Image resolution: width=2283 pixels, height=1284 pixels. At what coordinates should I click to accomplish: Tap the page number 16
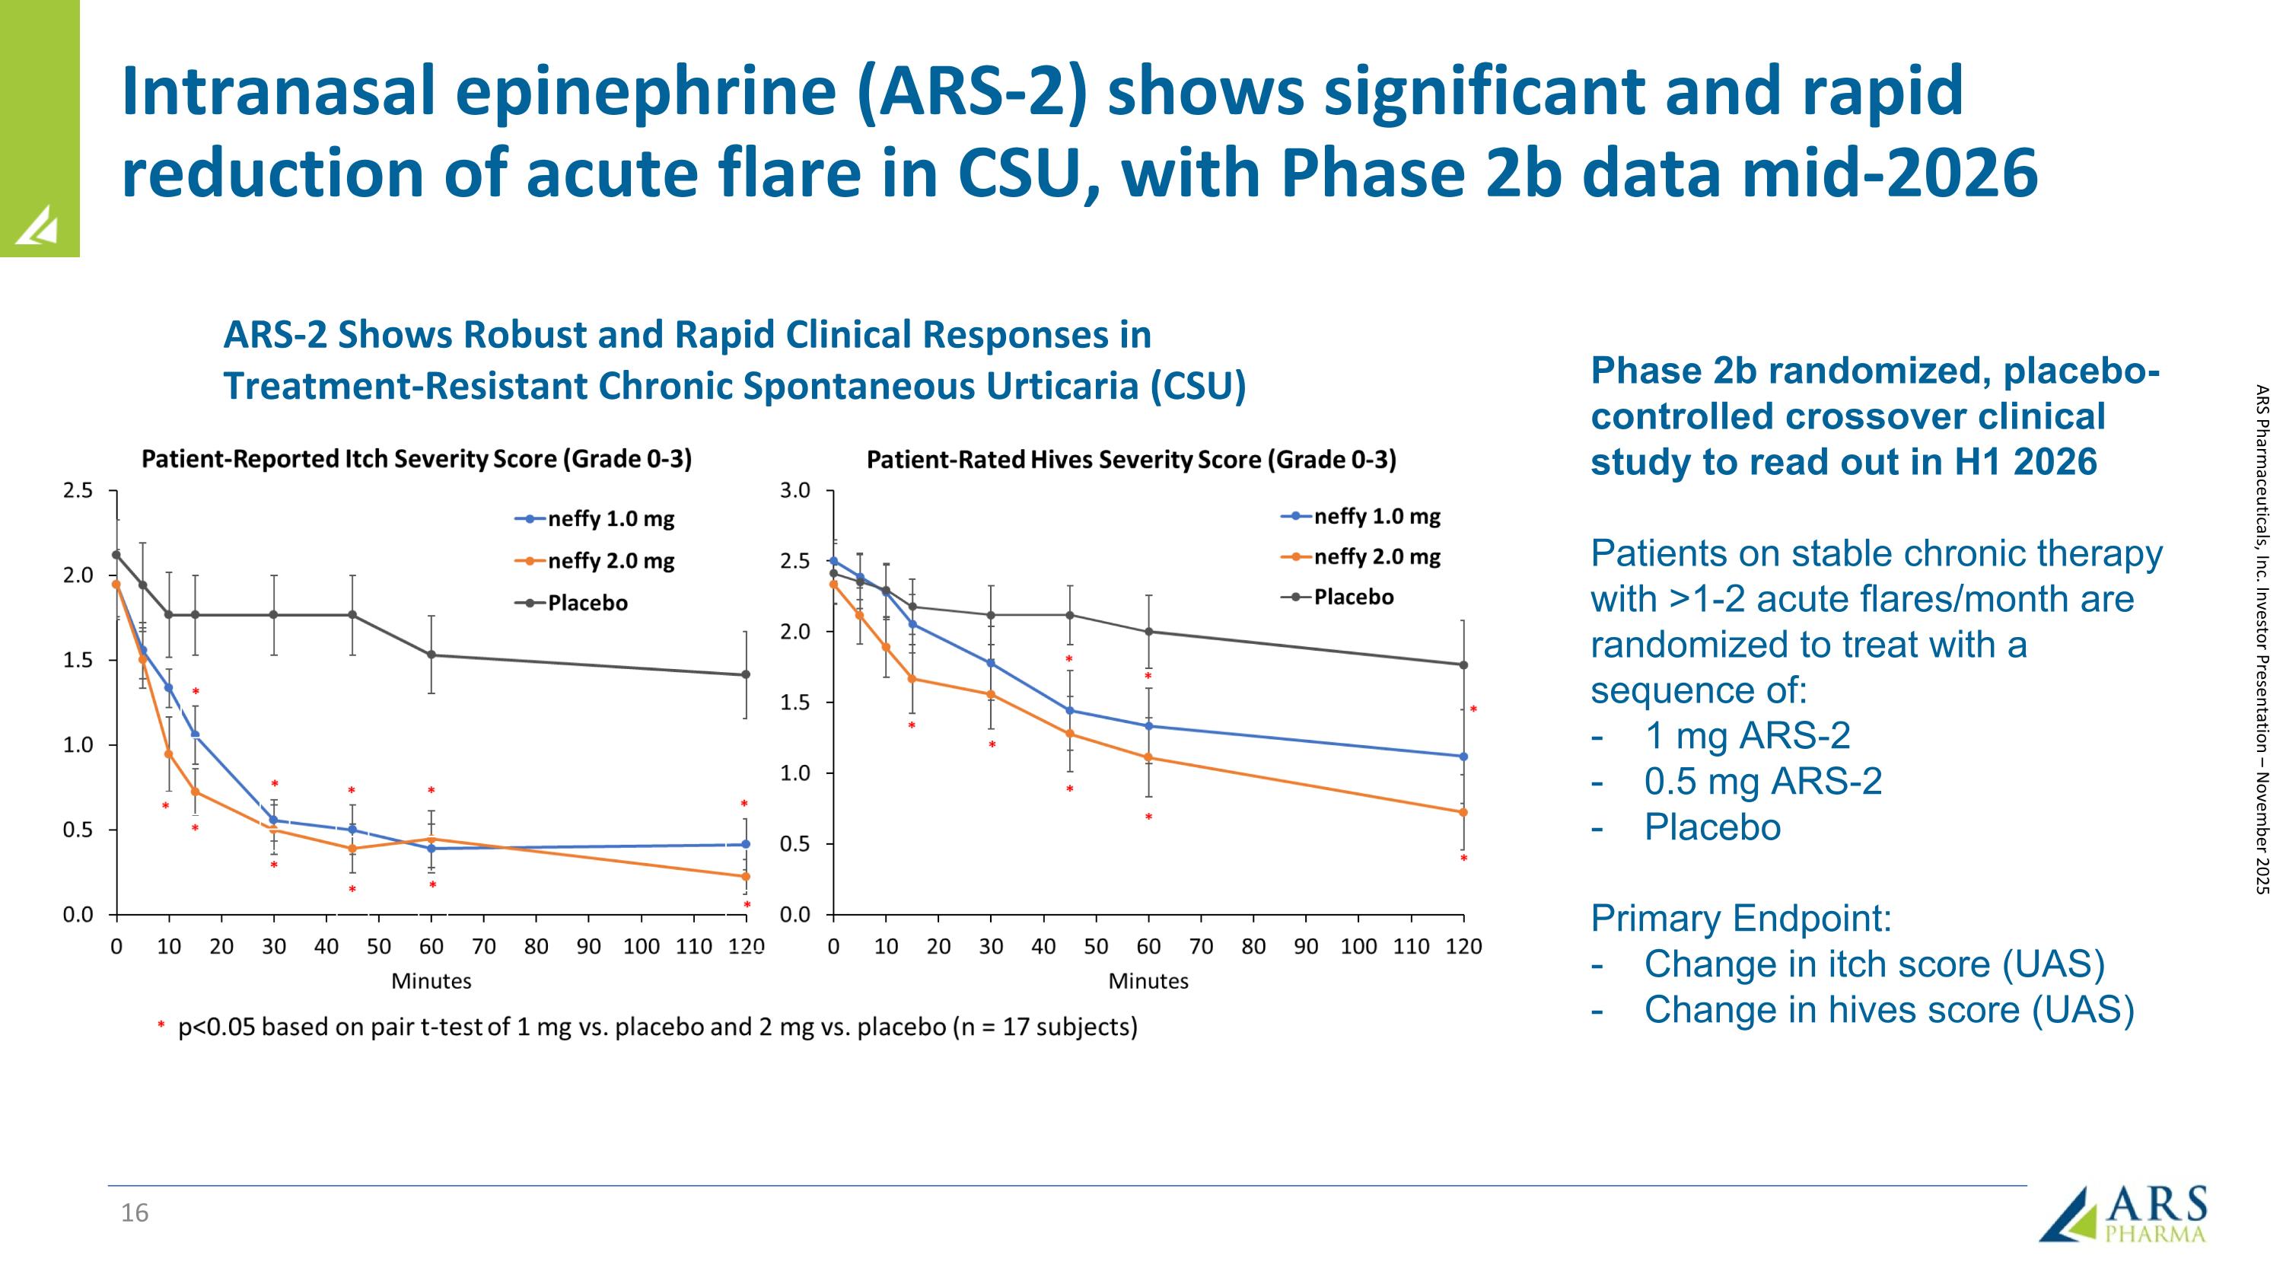135,1213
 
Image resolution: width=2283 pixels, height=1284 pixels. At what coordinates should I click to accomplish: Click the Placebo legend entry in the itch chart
587,604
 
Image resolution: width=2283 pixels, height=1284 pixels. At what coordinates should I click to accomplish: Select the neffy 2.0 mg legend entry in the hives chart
1377,556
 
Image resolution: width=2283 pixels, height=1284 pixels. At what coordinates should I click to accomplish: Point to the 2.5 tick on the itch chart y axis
78,491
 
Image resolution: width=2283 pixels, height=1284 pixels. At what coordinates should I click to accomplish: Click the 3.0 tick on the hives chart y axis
795,491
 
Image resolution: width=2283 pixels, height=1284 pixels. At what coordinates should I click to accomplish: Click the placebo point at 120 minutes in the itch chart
745,674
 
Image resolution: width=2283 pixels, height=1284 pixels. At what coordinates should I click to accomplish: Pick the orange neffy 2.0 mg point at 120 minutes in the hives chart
1463,811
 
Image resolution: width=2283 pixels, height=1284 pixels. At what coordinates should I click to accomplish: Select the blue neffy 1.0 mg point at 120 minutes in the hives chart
1463,756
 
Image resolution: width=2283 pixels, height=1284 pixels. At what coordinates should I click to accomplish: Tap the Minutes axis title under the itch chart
431,981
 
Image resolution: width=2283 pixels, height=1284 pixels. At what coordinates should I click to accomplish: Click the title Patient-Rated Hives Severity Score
1131,460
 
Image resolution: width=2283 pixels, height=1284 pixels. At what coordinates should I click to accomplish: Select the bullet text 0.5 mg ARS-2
1762,782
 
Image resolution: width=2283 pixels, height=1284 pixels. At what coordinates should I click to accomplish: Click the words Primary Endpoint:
1740,919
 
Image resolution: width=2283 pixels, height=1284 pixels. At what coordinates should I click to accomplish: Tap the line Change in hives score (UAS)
1888,1010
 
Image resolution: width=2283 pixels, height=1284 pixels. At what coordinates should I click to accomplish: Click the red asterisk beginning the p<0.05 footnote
161,1027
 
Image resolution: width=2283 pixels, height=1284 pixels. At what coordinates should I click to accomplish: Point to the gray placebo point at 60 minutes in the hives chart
1148,632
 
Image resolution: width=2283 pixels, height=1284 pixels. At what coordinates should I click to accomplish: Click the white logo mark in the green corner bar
37,225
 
